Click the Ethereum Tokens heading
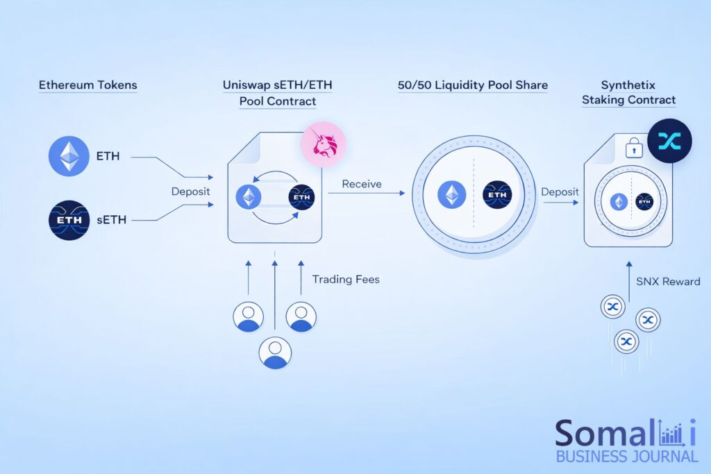pyautogui.click(x=87, y=85)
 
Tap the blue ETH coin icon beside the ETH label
pyautogui.click(x=69, y=156)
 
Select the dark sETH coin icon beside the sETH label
pyautogui.click(x=69, y=220)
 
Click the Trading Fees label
pyautogui.click(x=346, y=280)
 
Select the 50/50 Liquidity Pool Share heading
pyautogui.click(x=473, y=85)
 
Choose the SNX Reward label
pyautogui.click(x=668, y=281)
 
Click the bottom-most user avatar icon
pyautogui.click(x=276, y=351)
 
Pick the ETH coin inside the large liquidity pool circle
pyautogui.click(x=451, y=195)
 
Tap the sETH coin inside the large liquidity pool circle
pyautogui.click(x=497, y=195)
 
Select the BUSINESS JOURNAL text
pyautogui.click(x=626, y=456)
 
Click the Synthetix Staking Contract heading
pyautogui.click(x=628, y=92)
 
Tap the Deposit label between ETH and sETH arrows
pyautogui.click(x=191, y=190)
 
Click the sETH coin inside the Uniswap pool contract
pyautogui.click(x=301, y=197)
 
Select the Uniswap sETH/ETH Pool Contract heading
pyautogui.click(x=278, y=93)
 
